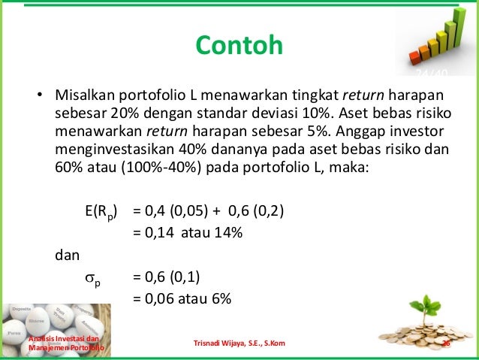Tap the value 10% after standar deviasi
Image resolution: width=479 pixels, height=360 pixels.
(313, 113)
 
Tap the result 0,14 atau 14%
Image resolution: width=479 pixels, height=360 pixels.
(188, 232)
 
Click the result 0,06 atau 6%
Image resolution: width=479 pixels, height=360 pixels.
(182, 298)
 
